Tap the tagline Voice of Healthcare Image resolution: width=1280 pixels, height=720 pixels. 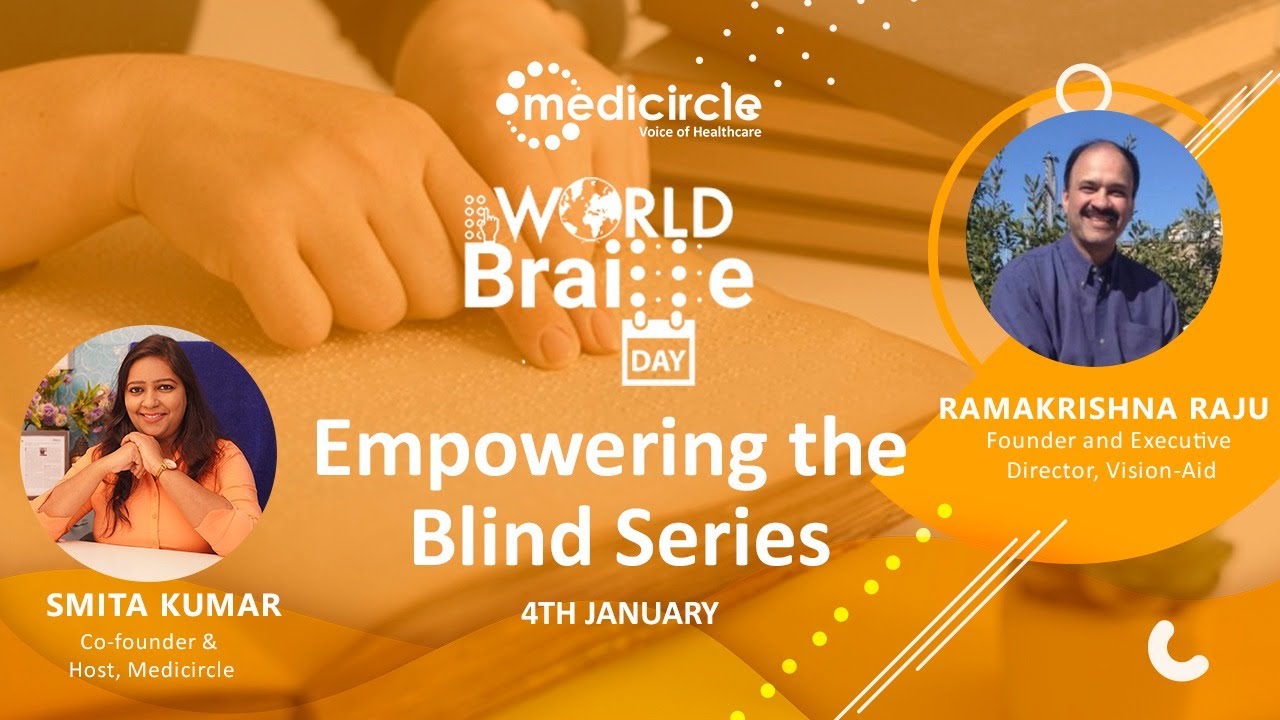click(699, 130)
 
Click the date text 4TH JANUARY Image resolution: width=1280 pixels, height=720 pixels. click(620, 613)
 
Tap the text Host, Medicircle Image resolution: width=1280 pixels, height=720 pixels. click(151, 670)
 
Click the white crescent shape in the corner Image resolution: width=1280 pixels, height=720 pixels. click(1178, 651)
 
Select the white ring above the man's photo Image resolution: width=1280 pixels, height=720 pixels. click(1084, 88)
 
